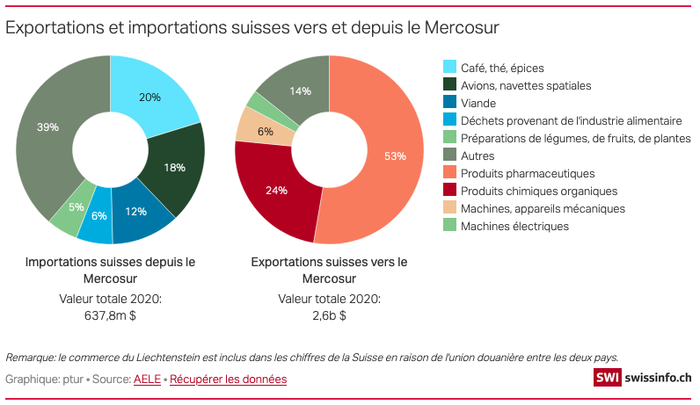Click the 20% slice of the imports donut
pyautogui.click(x=149, y=97)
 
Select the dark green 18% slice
pyautogui.click(x=174, y=167)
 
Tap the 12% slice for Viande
pyautogui.click(x=135, y=211)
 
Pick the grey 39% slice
pyautogui.click(x=48, y=127)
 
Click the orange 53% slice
pyautogui.click(x=395, y=156)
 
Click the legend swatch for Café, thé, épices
pyautogui.click(x=449, y=68)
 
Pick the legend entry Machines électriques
pyautogui.click(x=514, y=226)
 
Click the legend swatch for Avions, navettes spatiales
pyautogui.click(x=449, y=85)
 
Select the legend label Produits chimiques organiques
pyautogui.click(x=527, y=191)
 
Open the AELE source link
pyautogui.click(x=148, y=379)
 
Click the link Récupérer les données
pyautogui.click(x=228, y=379)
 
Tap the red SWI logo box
pyautogui.click(x=607, y=377)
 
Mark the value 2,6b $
pyautogui.click(x=329, y=315)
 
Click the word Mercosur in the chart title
pyautogui.click(x=462, y=27)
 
